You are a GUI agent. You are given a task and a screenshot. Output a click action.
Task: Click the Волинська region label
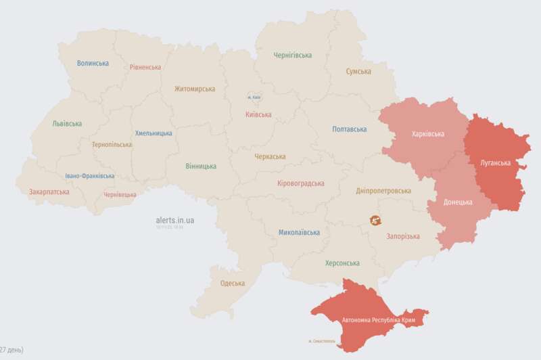point(93,63)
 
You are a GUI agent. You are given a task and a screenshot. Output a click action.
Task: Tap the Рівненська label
point(145,67)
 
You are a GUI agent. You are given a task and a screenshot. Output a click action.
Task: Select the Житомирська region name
point(194,89)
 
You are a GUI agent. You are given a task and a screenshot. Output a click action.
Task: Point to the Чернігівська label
point(292,55)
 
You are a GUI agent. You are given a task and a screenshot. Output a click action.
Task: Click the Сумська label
point(358,71)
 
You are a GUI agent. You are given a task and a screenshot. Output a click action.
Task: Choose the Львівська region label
point(67,124)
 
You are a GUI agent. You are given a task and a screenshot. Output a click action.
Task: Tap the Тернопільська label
point(112,145)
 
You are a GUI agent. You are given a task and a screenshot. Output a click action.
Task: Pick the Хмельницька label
point(154,133)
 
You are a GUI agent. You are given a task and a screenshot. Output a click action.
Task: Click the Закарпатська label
point(49,192)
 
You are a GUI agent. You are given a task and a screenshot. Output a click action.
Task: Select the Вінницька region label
point(201,166)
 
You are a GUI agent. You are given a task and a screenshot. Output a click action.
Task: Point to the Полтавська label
point(350,129)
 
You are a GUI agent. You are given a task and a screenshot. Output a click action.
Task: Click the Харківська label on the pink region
point(428,134)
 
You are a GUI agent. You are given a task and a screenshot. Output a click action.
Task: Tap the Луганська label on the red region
point(495,163)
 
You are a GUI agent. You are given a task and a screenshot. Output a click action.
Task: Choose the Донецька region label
point(458,202)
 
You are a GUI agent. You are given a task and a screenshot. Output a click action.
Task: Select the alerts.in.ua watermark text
point(174,220)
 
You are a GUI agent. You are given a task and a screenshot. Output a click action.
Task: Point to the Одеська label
point(233,283)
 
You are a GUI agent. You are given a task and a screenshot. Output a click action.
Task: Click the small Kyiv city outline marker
point(255,97)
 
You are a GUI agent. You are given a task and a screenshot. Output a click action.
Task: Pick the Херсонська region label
point(342,263)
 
